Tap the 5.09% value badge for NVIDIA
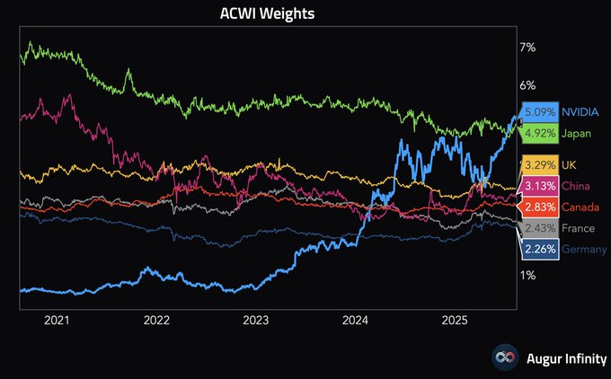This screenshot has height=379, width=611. (x=539, y=113)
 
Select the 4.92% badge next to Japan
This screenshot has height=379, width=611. (x=539, y=133)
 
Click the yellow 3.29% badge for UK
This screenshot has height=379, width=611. (x=539, y=166)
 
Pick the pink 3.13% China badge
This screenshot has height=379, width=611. (x=539, y=186)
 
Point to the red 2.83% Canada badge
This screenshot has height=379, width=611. (x=539, y=207)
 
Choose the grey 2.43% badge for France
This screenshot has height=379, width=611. (x=539, y=228)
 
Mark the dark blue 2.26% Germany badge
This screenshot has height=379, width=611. (x=539, y=249)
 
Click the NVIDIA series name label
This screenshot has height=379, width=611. (x=583, y=113)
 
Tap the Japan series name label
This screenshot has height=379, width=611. (x=577, y=133)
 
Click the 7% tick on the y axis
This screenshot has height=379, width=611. (x=527, y=47)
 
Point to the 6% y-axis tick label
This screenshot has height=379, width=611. (x=527, y=85)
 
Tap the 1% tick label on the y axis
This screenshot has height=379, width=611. (x=527, y=275)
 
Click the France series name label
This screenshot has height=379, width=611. (x=580, y=228)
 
